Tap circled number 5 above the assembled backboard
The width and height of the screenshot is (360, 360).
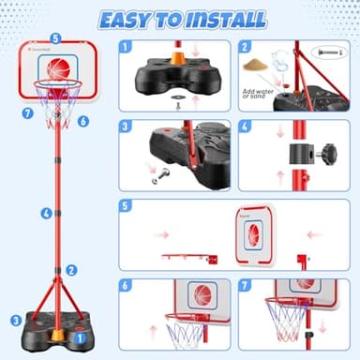point(55,39)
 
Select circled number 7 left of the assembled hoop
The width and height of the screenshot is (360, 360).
point(27,112)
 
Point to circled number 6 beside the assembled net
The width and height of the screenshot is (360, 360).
point(83,121)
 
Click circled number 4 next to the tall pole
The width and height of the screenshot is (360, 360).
point(46,213)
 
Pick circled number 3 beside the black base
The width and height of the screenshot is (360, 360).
point(15,320)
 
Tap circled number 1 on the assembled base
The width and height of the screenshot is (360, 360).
point(81,331)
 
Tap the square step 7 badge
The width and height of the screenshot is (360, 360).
point(246,285)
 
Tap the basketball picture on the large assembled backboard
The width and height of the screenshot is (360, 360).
point(58,68)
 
